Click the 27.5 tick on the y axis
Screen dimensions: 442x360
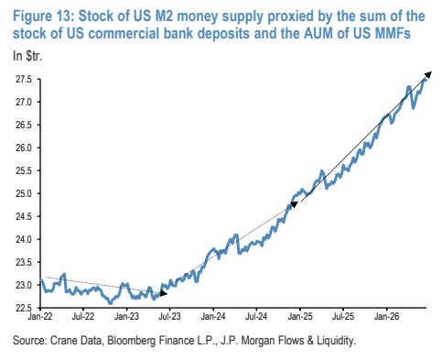pos(24,80)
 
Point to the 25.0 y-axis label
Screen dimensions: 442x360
pos(24,193)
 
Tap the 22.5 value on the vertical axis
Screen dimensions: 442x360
pos(24,308)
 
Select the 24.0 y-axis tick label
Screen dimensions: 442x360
pos(24,239)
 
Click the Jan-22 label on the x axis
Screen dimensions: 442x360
pos(40,316)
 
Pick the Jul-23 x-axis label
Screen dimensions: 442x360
pos(169,316)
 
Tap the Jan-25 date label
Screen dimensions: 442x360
pos(300,316)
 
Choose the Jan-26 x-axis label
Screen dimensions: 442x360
pos(386,316)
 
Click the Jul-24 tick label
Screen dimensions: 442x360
pos(255,316)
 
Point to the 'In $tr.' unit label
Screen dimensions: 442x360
pos(27,56)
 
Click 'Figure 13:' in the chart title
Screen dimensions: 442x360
pos(43,16)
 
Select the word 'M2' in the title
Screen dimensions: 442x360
pos(164,16)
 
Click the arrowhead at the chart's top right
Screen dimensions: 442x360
pos(428,75)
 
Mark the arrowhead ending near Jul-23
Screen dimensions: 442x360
pos(164,293)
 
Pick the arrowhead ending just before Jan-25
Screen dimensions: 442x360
pos(295,204)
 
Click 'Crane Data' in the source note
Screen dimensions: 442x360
pos(75,341)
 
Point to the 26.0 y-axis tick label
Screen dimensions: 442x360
pos(24,147)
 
